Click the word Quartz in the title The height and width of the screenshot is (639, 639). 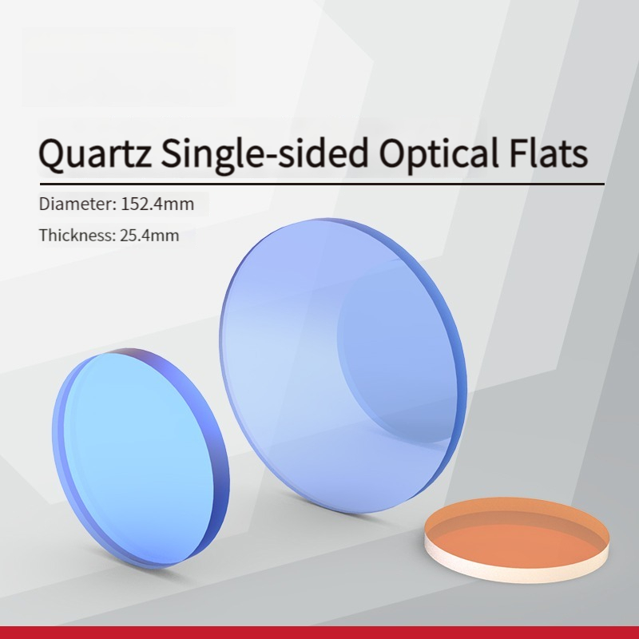[x=96, y=154]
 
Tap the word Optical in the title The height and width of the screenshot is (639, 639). [x=439, y=154]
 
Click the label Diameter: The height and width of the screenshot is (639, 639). [x=77, y=204]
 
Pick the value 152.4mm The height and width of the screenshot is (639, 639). [x=157, y=204]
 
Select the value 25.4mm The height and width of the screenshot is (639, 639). [x=149, y=236]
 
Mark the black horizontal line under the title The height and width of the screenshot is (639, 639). [x=322, y=185]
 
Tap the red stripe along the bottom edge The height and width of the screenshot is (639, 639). [x=319, y=633]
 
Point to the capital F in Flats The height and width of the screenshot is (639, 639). [x=518, y=153]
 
